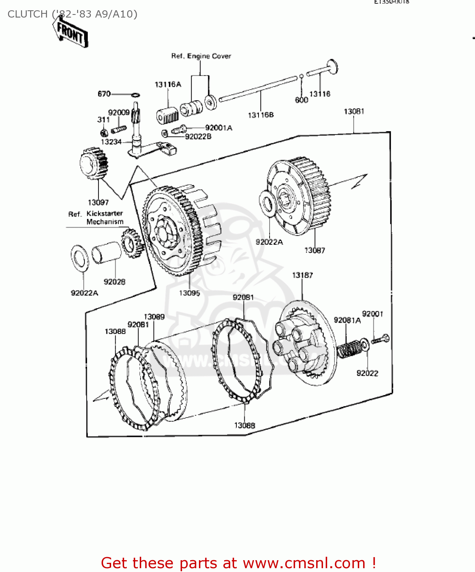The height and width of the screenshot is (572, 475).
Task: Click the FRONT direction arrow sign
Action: click(x=71, y=34)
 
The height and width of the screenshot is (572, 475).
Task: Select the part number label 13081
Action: click(x=354, y=111)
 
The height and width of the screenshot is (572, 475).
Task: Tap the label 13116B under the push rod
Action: click(x=261, y=115)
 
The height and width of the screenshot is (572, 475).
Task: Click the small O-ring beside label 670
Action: click(x=135, y=95)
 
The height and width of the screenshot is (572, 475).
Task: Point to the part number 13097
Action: click(x=98, y=202)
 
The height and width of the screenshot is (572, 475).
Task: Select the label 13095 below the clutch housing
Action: click(x=189, y=293)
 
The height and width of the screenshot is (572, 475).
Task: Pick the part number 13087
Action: click(x=315, y=250)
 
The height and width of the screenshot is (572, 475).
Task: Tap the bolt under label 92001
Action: click(x=380, y=339)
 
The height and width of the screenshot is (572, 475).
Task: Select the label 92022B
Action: click(x=198, y=137)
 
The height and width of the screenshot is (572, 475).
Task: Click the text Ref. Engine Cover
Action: click(x=201, y=56)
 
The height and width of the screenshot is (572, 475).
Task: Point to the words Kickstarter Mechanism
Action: click(x=105, y=218)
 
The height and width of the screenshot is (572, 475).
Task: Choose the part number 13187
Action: click(x=302, y=275)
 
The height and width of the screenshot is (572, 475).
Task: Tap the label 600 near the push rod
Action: click(x=301, y=100)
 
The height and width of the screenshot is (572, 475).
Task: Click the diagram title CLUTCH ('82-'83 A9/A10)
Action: click(x=73, y=14)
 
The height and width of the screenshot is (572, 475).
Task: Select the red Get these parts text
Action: click(x=238, y=563)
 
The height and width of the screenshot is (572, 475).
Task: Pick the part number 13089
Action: click(x=154, y=317)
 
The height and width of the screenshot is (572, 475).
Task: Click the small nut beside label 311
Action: click(x=103, y=133)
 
